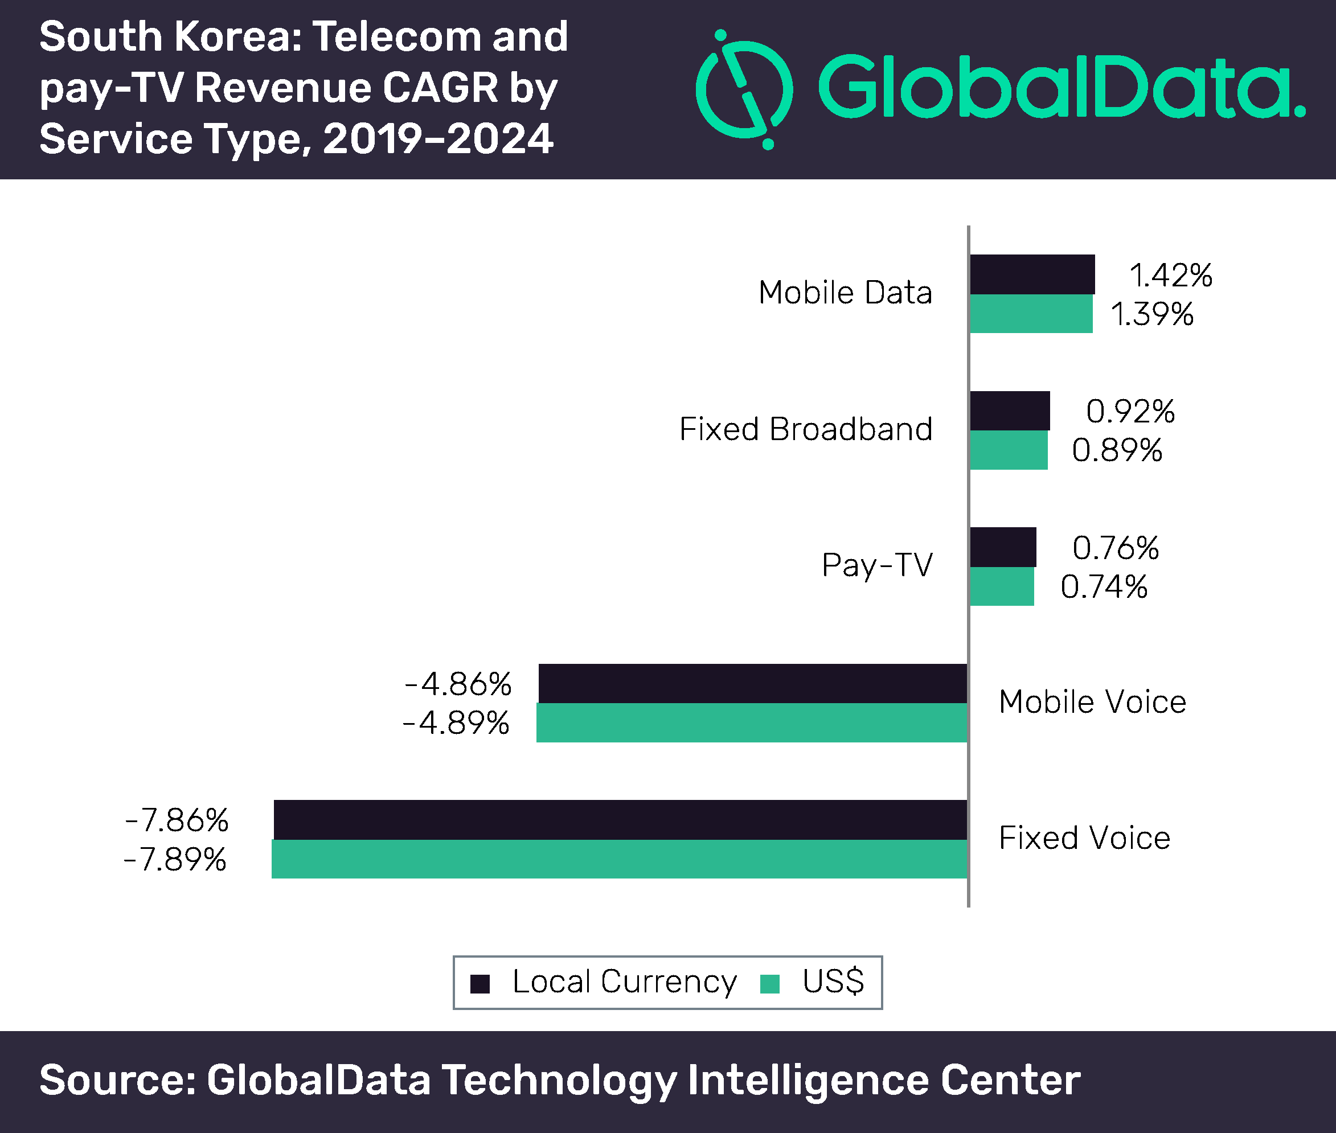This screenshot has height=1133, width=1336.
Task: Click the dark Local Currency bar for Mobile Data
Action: coord(1031,274)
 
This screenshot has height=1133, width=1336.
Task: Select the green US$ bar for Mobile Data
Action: coord(1030,314)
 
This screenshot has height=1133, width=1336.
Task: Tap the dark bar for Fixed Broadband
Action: coord(1009,410)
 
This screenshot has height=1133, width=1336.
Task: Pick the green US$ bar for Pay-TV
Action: coord(1001,586)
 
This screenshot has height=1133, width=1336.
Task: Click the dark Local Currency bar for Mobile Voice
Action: coord(752,683)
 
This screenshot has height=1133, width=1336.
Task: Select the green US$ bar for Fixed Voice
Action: coord(619,859)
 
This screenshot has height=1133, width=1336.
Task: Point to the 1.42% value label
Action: coord(1170,275)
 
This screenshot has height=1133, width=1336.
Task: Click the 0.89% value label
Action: coord(1116,450)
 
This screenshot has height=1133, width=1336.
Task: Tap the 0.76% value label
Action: coord(1115,548)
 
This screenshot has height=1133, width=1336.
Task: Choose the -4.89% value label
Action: coord(456,723)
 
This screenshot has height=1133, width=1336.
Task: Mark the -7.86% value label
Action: coord(177,820)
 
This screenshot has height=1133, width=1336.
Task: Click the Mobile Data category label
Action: coord(845,293)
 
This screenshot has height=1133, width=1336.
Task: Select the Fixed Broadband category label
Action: coord(805,429)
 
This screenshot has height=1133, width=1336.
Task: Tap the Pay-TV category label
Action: coord(877,565)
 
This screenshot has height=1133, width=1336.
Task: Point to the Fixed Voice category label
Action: coord(1084,838)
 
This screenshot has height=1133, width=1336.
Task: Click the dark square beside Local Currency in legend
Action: coord(480,984)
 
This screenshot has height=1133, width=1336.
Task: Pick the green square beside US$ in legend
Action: coord(769,984)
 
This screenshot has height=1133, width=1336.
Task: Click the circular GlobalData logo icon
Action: coord(744,90)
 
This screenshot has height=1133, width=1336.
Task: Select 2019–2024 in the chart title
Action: coord(438,139)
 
